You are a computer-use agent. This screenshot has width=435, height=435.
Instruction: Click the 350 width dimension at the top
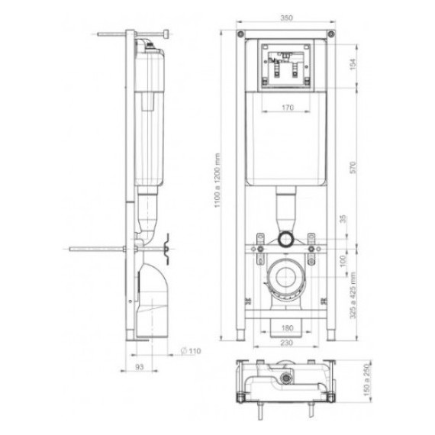point(286,18)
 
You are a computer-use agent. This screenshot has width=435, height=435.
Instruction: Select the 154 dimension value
point(353,64)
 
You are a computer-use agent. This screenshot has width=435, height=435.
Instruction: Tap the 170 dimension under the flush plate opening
point(288,108)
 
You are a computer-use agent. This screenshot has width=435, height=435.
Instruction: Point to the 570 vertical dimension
point(353,168)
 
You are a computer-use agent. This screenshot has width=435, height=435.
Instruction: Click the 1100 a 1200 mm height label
point(217,180)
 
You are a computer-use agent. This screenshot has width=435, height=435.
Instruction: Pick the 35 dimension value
point(343,219)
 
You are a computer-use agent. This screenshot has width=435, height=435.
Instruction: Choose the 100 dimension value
point(343,261)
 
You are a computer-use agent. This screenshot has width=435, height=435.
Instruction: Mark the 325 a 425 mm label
point(353,295)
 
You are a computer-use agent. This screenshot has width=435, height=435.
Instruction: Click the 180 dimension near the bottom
point(287,328)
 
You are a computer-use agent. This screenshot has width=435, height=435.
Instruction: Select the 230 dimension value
point(286,343)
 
